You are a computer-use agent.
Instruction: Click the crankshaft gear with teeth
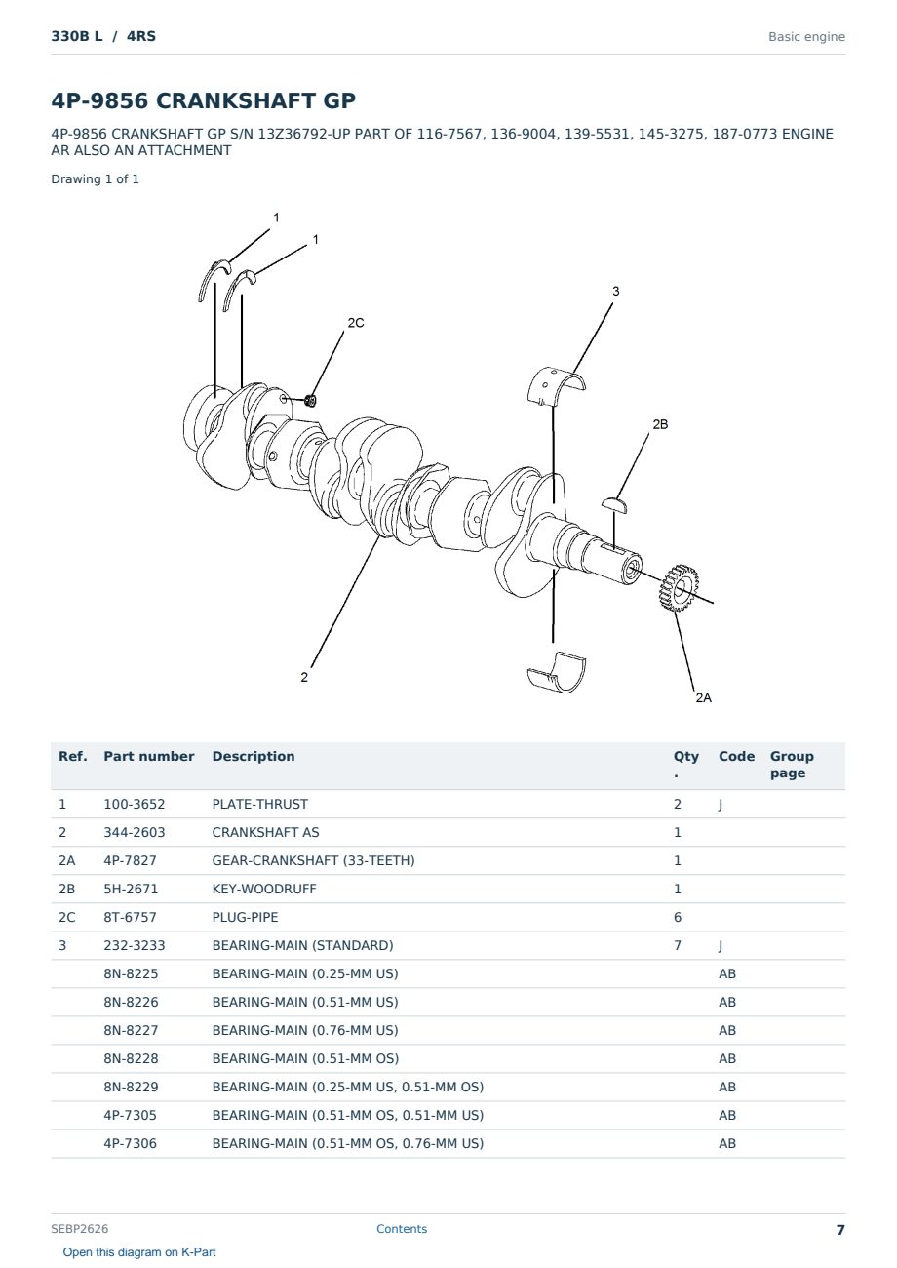(679, 587)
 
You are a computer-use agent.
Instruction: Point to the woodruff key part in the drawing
(614, 503)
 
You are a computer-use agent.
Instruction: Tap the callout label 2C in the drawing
(356, 323)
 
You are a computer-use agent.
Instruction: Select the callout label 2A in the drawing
(703, 698)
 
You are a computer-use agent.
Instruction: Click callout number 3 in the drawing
(616, 291)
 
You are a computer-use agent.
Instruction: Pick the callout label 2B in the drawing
(660, 424)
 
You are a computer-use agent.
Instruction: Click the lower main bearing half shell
(557, 672)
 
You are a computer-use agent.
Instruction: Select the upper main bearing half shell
(556, 386)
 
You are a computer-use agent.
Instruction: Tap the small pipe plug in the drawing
(310, 401)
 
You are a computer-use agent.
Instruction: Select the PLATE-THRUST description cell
(259, 804)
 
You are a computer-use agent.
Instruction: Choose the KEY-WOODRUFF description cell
(263, 889)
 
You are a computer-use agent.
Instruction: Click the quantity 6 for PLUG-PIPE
(678, 917)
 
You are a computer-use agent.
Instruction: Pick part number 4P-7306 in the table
(131, 1143)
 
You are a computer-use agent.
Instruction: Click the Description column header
(253, 756)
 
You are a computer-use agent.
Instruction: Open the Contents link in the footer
(402, 1229)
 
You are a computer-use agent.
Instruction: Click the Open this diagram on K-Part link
(139, 1252)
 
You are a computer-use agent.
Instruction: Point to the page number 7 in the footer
(840, 1230)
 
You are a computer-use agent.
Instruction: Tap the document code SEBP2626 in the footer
(80, 1229)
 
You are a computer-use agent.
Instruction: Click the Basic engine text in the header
(806, 37)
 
